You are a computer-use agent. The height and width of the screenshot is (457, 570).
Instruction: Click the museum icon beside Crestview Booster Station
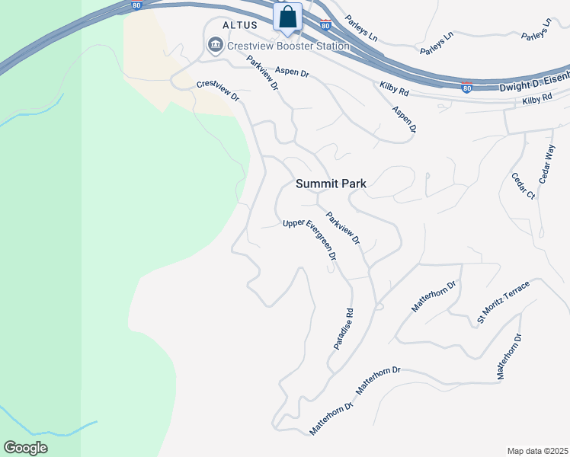click(x=214, y=46)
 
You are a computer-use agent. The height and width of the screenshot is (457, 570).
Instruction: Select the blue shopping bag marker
click(x=288, y=17)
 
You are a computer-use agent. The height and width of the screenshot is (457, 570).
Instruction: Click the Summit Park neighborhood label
click(x=331, y=184)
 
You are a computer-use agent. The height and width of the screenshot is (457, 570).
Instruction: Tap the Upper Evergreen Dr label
click(x=310, y=240)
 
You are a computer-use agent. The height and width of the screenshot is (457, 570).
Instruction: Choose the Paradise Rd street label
click(x=344, y=328)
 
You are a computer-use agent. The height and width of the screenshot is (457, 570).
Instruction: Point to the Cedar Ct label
click(x=524, y=186)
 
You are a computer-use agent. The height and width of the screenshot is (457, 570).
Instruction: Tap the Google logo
click(x=25, y=448)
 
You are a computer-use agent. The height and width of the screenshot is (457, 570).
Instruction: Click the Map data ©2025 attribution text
click(x=536, y=451)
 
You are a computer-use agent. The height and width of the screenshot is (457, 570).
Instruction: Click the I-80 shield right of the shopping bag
click(x=325, y=25)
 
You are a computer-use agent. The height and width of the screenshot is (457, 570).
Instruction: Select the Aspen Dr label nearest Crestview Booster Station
click(x=292, y=72)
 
